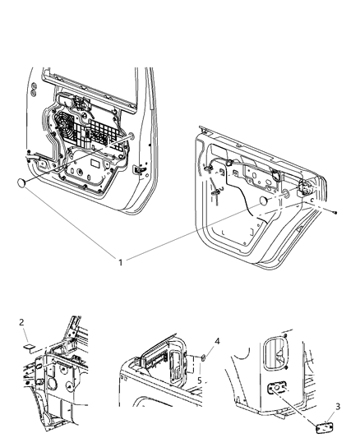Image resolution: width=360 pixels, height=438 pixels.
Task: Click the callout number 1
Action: tap(121, 262)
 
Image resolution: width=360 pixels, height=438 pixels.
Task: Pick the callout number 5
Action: tap(200, 381)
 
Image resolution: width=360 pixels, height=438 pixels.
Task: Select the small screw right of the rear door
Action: tap(337, 212)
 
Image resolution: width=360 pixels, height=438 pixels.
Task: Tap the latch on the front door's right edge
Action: tap(137, 170)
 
